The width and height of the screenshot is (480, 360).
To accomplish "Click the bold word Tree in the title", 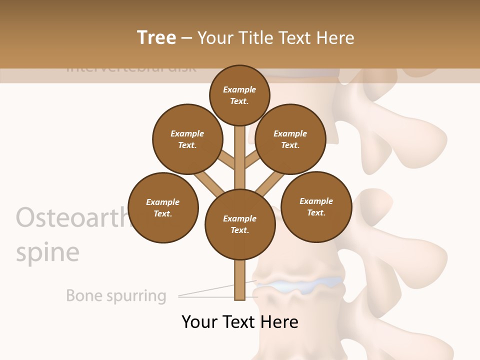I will pos(156,37).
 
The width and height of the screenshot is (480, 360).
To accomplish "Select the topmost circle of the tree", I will pos(239,95).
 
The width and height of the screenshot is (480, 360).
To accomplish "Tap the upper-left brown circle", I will pos(187,139).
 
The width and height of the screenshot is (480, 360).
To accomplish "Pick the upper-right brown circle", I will pos(290,139).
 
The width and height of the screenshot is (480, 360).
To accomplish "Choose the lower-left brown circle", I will pos(163,207).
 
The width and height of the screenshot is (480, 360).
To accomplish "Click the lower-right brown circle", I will pos(316,206).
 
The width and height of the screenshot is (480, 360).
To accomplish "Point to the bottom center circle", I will pos(240,224).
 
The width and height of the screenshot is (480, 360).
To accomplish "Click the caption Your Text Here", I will pos(240,321).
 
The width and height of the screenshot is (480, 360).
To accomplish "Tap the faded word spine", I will pos(47,252).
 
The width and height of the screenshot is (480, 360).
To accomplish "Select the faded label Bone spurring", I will pos(116,295).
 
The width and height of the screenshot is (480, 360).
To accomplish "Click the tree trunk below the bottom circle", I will pos(240,280).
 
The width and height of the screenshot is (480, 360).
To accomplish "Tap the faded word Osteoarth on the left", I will pos(70,217).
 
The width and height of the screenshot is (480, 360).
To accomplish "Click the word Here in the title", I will pos(335,38).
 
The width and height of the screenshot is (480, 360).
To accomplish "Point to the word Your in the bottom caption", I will pos(199,321).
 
